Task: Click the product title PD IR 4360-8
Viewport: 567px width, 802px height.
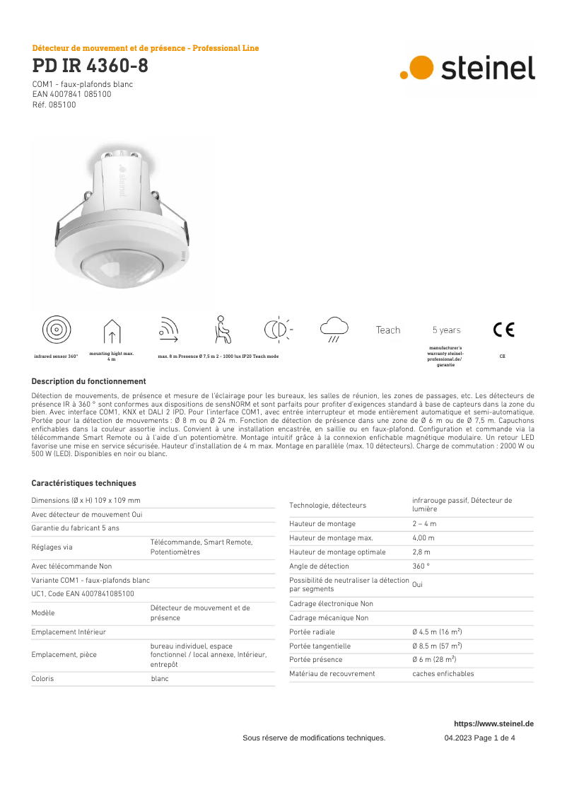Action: [90, 66]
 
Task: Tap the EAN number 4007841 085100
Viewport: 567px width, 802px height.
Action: [71, 94]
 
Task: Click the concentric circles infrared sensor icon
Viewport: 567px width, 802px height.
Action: [56, 330]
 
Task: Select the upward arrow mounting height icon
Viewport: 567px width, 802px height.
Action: [112, 331]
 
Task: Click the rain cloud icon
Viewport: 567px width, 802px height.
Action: [334, 328]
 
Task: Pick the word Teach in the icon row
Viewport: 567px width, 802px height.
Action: [388, 330]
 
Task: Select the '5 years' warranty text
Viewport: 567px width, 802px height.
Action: [446, 330]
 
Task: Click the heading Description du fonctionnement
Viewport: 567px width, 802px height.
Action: [88, 381]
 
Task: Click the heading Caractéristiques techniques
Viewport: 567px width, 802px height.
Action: [83, 484]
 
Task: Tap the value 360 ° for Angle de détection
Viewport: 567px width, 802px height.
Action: [421, 566]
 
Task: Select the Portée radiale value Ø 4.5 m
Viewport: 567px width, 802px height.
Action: [437, 632]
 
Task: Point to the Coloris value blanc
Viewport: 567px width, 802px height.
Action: [160, 678]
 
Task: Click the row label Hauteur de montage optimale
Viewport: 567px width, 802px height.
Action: [337, 552]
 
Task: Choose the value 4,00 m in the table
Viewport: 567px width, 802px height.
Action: [423, 537]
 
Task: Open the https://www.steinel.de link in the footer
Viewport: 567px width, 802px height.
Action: [493, 723]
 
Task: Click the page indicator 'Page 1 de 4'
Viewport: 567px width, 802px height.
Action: [489, 738]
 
